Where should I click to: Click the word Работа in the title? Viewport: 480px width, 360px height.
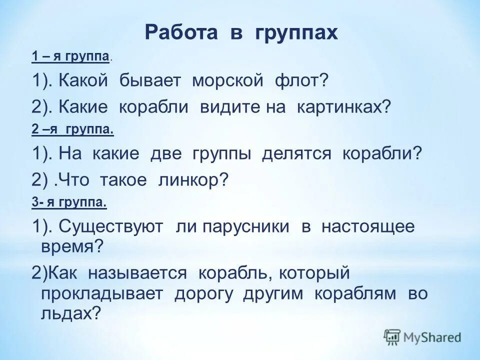175,33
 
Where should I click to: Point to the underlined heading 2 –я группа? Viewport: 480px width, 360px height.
72,130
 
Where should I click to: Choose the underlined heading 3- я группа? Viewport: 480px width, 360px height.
69,203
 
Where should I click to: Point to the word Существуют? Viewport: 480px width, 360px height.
111,227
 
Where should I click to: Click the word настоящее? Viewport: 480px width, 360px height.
368,227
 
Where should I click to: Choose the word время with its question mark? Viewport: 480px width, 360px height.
71,246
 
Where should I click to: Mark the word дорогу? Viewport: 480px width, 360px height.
204,293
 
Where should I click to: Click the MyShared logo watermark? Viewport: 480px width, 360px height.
422,337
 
